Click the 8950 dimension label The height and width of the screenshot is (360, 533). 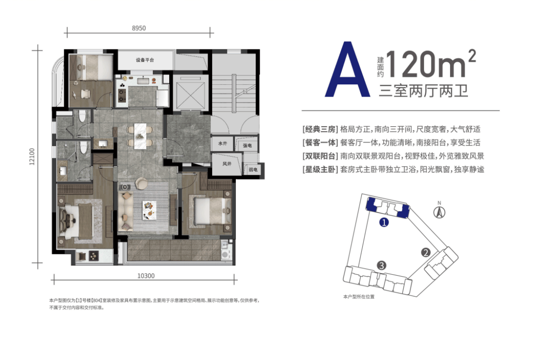(139, 28)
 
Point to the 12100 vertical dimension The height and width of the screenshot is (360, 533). (32, 156)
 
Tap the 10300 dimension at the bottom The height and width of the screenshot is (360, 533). (146, 276)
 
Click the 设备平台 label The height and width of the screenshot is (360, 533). (145, 60)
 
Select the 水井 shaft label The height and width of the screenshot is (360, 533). (223, 144)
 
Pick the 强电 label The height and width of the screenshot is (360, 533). (247, 145)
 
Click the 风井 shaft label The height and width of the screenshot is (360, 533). (227, 164)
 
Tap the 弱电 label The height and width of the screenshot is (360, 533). (253, 170)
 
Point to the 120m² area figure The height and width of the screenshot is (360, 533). (430, 64)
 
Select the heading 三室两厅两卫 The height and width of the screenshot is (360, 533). (423, 90)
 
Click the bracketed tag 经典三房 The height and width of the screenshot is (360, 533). (320, 129)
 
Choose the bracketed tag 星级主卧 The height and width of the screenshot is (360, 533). (320, 170)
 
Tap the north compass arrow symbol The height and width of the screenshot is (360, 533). (439, 212)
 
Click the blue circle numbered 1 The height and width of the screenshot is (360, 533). (384, 222)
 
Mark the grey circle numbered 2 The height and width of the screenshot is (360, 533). (425, 252)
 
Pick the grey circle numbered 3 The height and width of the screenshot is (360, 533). (381, 265)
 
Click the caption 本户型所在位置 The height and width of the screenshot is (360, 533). (359, 297)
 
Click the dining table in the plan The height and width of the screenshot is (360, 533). (140, 136)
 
